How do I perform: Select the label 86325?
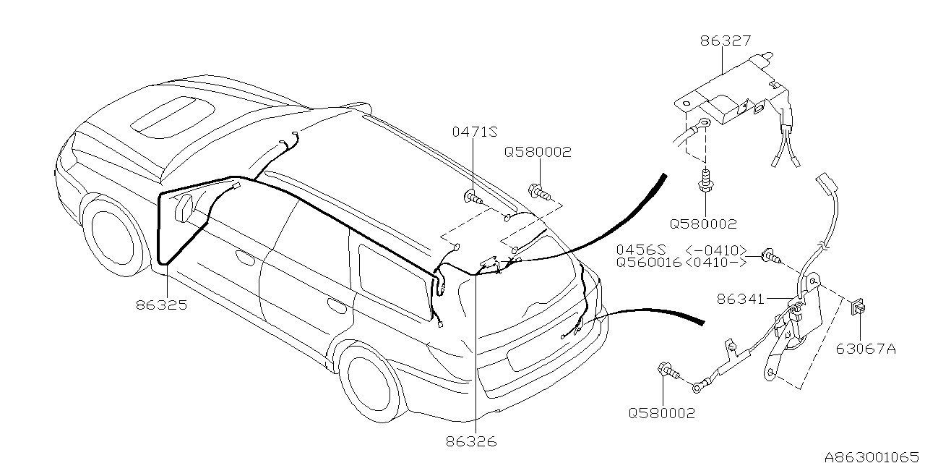pos(161,305)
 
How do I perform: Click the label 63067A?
pos(866,349)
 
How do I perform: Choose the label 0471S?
pos(475,132)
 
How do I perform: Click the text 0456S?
pos(640,250)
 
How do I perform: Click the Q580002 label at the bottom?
pos(661,413)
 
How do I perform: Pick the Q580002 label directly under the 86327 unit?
pos(703,224)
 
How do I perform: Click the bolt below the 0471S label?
pos(472,196)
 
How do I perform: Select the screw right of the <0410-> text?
pos(770,256)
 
